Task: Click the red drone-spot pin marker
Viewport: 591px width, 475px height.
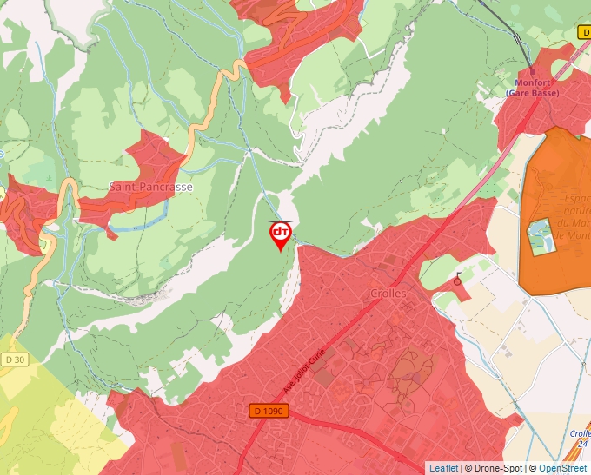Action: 281,234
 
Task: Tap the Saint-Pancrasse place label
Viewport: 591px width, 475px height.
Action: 150,187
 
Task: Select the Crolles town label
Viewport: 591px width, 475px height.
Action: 388,294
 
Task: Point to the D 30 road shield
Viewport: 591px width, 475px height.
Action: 14,360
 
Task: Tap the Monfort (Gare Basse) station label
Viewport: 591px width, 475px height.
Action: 532,88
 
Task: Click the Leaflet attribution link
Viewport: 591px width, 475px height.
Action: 443,468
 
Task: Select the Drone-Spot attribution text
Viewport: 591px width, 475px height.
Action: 496,468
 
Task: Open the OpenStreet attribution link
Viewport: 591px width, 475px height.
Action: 562,468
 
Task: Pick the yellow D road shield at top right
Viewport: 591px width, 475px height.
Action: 583,32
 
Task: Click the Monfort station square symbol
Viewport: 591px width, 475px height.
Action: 532,73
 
